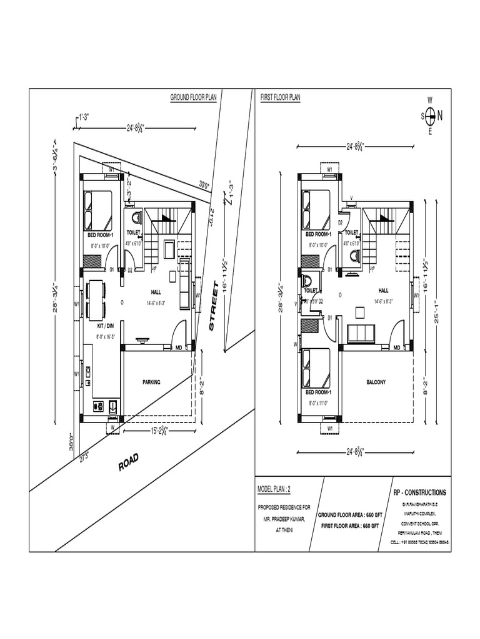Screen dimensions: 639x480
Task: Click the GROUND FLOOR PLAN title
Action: (x=193, y=98)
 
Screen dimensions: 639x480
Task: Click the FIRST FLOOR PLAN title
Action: (x=281, y=98)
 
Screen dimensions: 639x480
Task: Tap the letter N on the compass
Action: (x=440, y=115)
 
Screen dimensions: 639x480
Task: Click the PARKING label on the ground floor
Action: (x=152, y=382)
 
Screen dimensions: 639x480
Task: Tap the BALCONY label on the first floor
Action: (x=376, y=382)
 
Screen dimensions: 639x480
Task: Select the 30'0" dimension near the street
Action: (x=204, y=184)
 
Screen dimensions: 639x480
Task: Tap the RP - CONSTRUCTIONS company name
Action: (x=420, y=492)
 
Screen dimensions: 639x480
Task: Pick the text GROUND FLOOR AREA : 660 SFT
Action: (x=349, y=515)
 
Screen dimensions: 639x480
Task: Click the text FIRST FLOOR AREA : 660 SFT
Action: (x=349, y=526)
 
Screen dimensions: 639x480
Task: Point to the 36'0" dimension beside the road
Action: (x=72, y=441)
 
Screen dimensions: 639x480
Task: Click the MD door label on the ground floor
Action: (x=178, y=348)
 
